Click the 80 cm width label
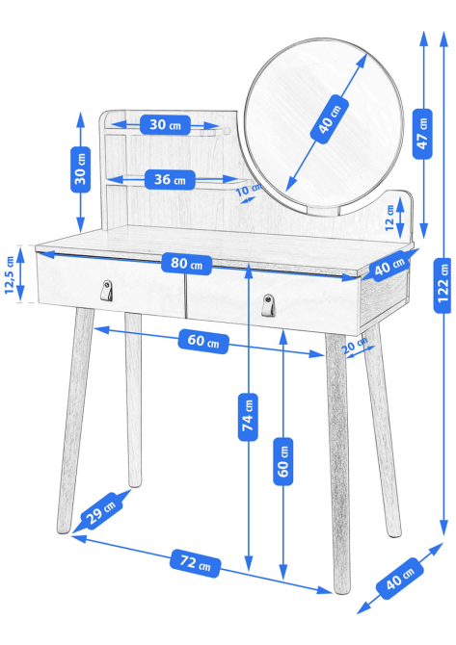pos(187,264)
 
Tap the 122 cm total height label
pos(443,286)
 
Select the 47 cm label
pos(422,134)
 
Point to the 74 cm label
pos(248,417)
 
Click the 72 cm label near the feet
pos(196,563)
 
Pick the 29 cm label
pos(101,511)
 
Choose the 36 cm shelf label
pos(170,180)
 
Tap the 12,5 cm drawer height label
pos(10,274)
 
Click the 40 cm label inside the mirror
pos(330,119)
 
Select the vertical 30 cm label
pos(81,169)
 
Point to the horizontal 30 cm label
pos(165,124)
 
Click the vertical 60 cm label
pos(283,461)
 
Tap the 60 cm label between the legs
pos(203,341)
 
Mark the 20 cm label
pos(355,344)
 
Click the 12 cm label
pos(389,218)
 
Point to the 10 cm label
pos(249,190)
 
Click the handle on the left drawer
pos(107,291)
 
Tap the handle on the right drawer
pos(268,305)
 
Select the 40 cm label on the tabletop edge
pos(389,266)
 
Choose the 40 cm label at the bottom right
pos(400,578)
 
